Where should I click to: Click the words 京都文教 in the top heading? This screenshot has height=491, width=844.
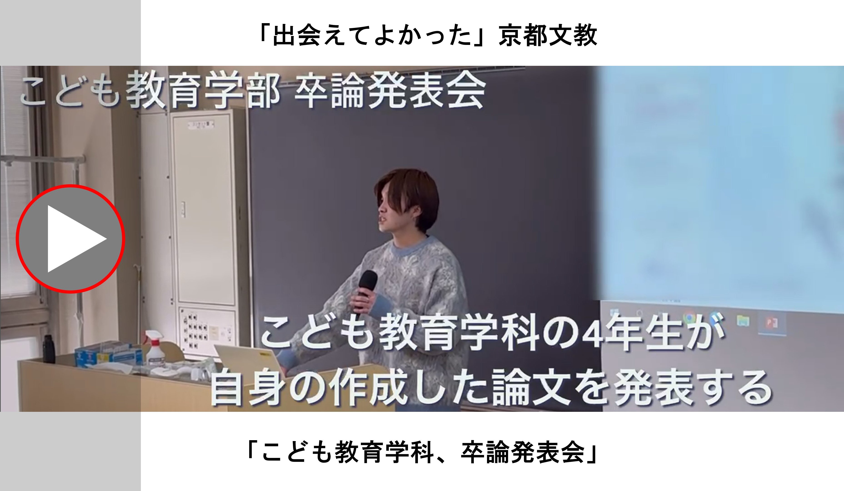tap(548, 35)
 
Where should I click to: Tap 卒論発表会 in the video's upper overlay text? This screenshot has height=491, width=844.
tap(390, 90)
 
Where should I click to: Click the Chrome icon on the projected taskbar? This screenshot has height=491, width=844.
tap(689, 317)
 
